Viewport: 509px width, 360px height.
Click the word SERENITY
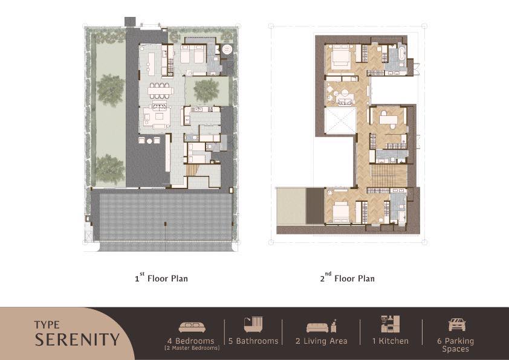pyautogui.click(x=77, y=339)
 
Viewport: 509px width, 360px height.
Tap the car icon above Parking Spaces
pyautogui.click(x=457, y=325)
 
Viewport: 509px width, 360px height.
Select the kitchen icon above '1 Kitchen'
pyautogui.click(x=390, y=324)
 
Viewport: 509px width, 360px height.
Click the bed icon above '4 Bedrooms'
pyautogui.click(x=192, y=327)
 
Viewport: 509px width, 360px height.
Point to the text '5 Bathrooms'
pyautogui.click(x=253, y=341)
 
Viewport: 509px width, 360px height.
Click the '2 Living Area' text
pyautogui.click(x=322, y=341)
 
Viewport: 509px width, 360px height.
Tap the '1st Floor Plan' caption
pyautogui.click(x=161, y=278)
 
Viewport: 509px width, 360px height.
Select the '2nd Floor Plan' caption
pyautogui.click(x=348, y=278)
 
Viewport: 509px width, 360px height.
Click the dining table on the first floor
pyautogui.click(x=158, y=91)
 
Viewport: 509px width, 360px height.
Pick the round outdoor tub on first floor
pyautogui.click(x=227, y=50)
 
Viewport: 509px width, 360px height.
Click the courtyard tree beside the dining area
pyautogui.click(x=207, y=90)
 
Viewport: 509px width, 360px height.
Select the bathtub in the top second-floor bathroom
pyautogui.click(x=402, y=53)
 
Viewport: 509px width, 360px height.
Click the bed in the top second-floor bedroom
pyautogui.click(x=340, y=57)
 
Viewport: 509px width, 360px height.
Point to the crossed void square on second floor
pyautogui.click(x=341, y=120)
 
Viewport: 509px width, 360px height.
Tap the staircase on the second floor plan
pyautogui.click(x=389, y=176)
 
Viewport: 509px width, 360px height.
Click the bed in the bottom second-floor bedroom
pyautogui.click(x=340, y=211)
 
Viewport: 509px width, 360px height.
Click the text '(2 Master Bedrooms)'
pyautogui.click(x=192, y=349)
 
